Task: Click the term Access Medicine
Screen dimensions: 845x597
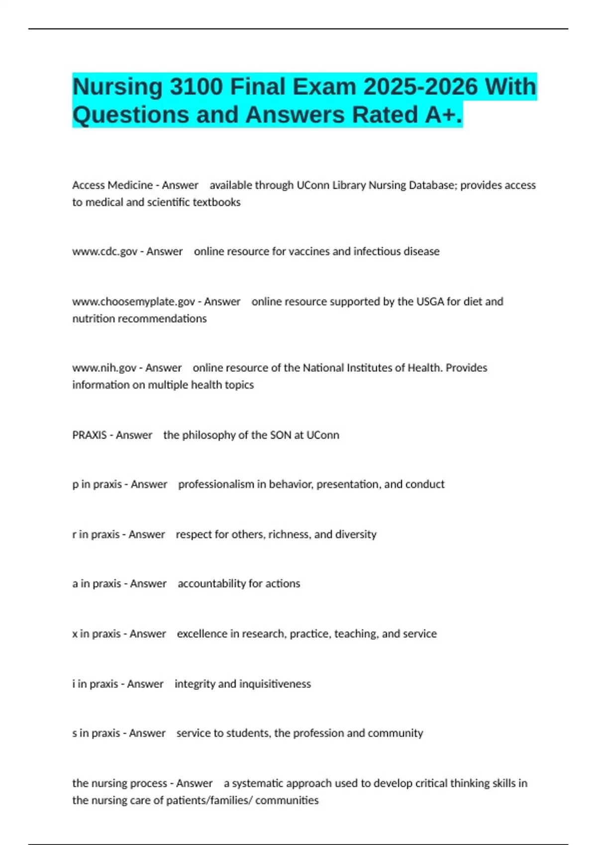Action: coord(112,185)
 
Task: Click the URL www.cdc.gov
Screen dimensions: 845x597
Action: coord(104,252)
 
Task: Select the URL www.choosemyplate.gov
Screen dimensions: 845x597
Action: coord(133,302)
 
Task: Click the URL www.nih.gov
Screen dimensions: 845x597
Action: coord(104,368)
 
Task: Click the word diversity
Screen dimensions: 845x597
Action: coord(356,534)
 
